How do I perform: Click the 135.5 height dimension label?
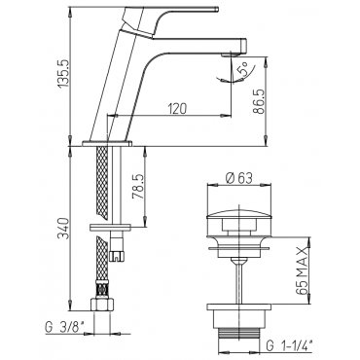[64, 72]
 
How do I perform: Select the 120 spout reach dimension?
[177, 108]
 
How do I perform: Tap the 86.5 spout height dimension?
[259, 100]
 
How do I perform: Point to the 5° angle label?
[243, 70]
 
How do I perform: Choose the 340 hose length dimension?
[64, 229]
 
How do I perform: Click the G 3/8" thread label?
[65, 329]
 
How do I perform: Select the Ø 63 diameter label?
[239, 178]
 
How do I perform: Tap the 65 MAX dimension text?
[302, 270]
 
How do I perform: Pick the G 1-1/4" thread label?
[289, 345]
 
